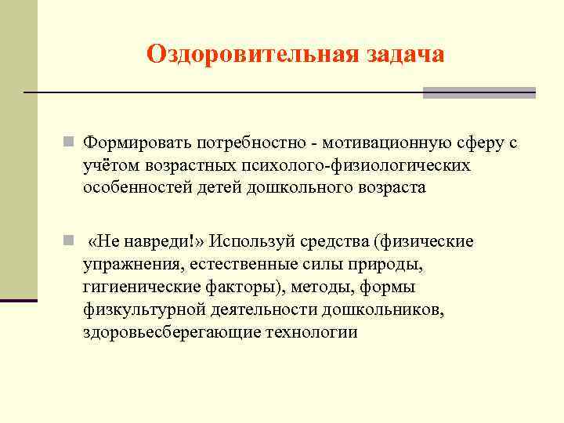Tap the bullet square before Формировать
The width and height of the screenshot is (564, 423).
pos(69,143)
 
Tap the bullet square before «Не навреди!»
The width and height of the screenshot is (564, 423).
pos(69,240)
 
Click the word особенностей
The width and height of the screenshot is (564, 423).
pos(136,189)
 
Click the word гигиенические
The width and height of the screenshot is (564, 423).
pos(141,286)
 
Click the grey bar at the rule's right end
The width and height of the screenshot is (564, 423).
pos(479,92)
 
